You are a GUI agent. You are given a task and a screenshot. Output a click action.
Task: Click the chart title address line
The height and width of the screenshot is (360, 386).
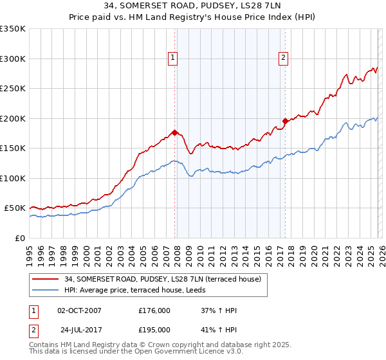(193, 6)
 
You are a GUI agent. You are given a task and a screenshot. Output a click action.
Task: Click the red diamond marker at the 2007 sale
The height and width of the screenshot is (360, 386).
(174, 133)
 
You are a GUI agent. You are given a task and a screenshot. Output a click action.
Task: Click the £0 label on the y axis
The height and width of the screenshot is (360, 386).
(19, 238)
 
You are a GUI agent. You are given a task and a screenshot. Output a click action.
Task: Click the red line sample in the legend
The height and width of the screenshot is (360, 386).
(46, 279)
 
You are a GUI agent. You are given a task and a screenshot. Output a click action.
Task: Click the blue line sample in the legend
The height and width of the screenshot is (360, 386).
(46, 290)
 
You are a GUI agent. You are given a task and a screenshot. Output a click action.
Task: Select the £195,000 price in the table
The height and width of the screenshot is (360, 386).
(154, 328)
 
